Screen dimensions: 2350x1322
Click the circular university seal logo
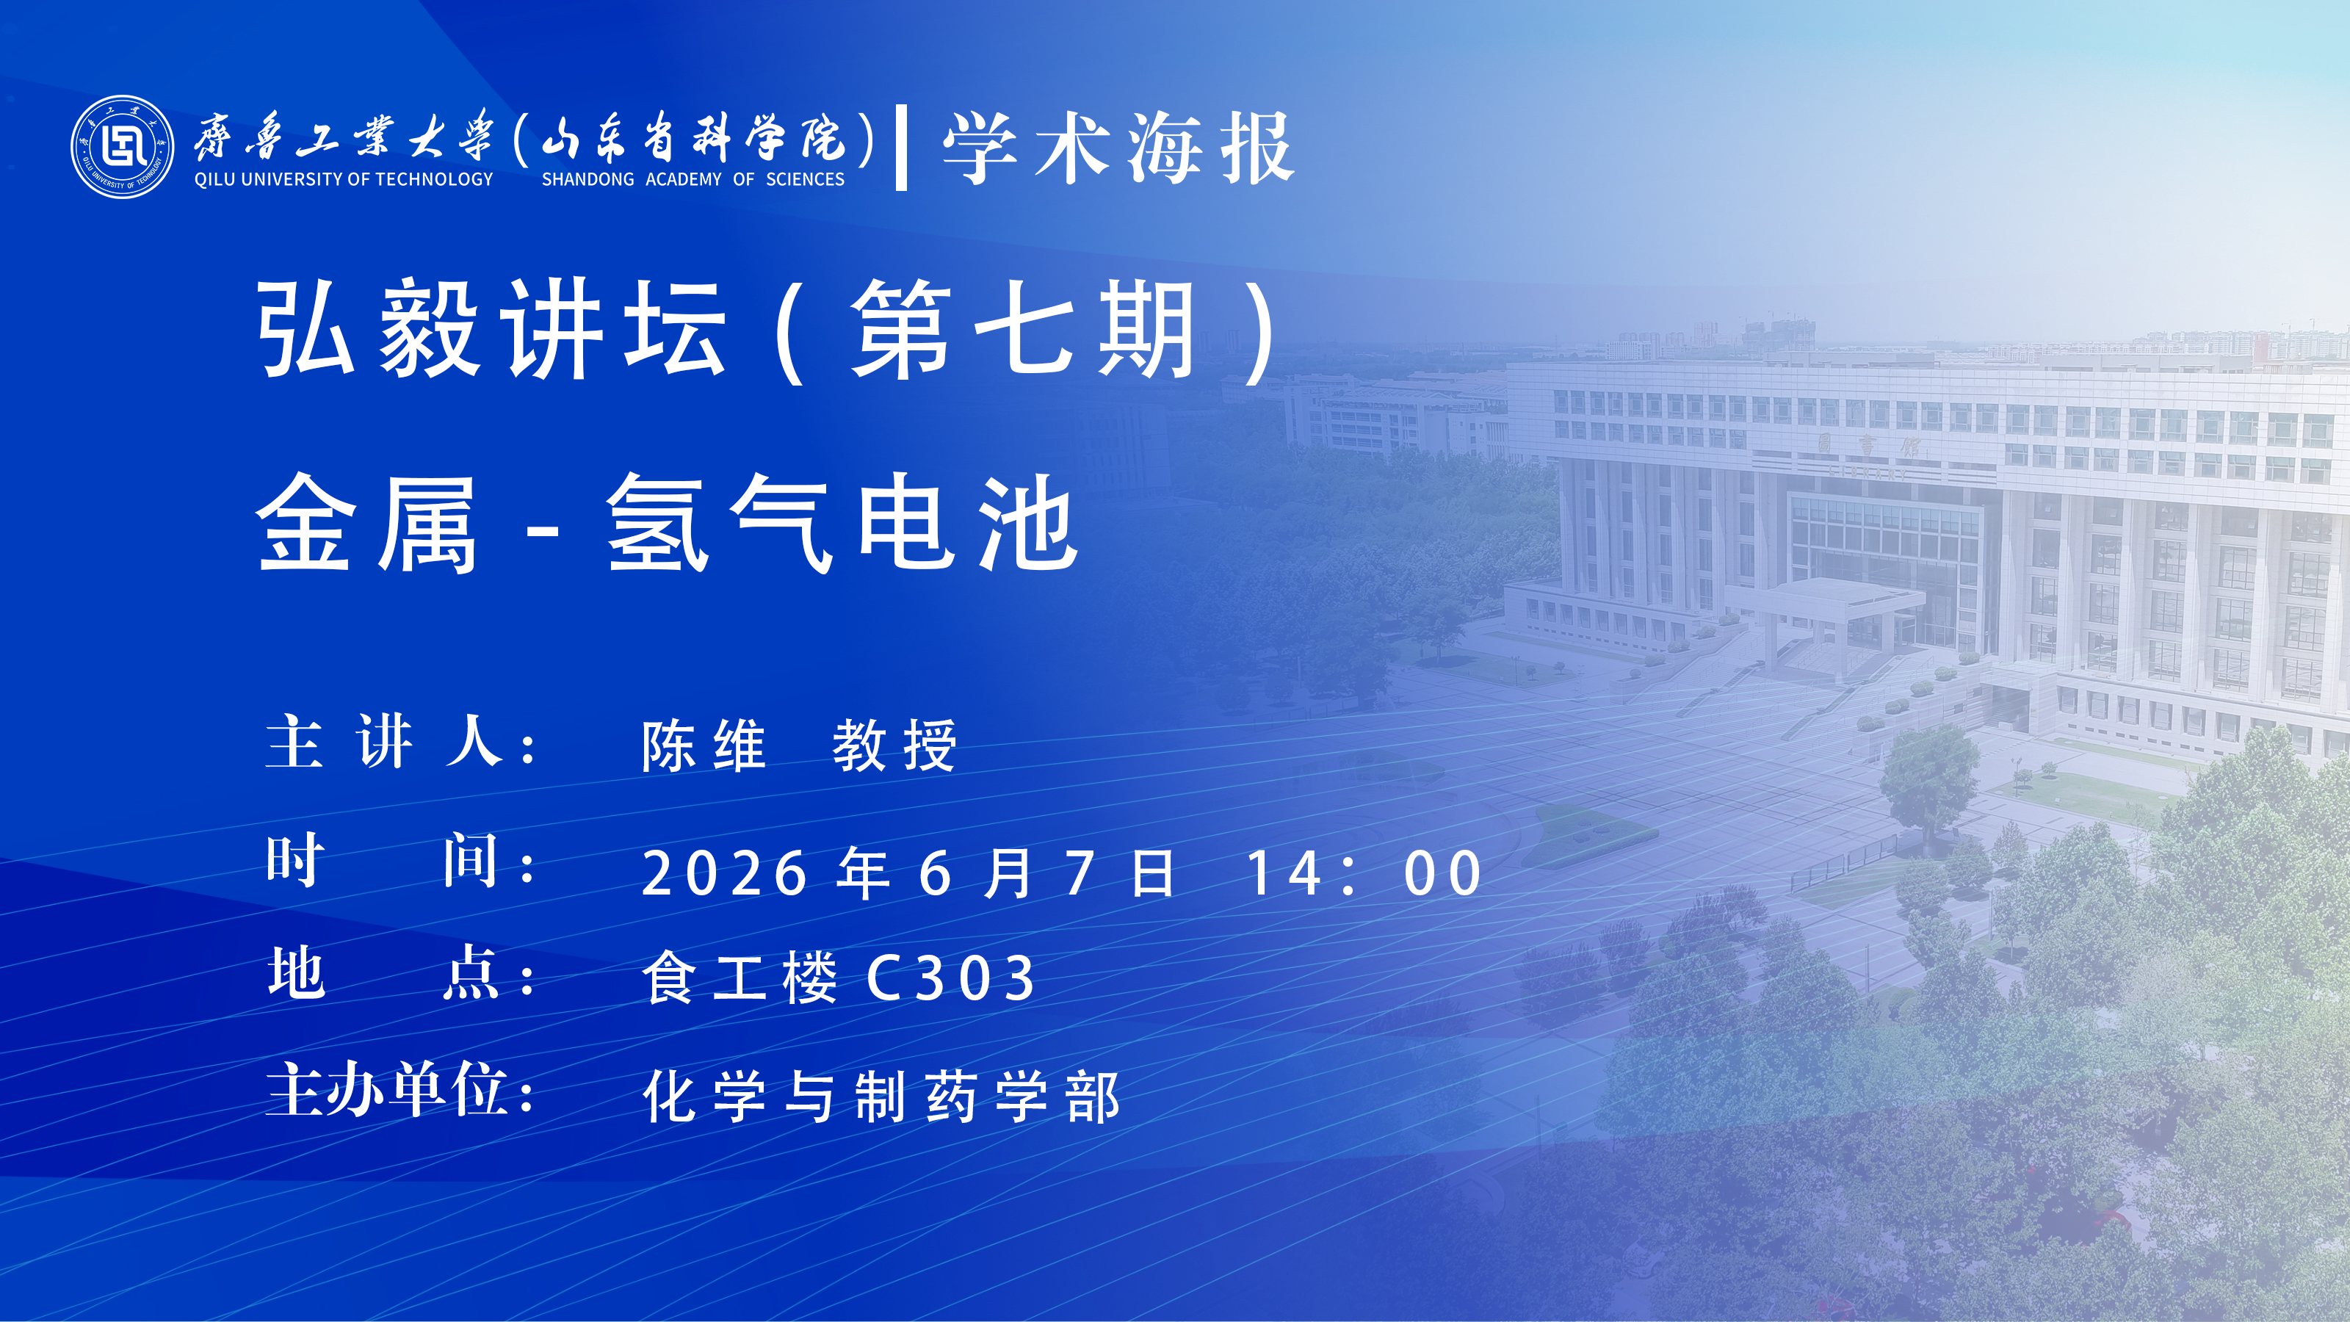122,147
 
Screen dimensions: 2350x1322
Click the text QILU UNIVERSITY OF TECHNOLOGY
344,180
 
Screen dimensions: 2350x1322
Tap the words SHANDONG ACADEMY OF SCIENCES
693,180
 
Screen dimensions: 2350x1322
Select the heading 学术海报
1119,148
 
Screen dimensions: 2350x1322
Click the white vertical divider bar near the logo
901,147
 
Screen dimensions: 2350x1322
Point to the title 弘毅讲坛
493,328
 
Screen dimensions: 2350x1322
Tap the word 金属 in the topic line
366,524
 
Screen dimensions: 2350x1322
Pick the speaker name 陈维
704,745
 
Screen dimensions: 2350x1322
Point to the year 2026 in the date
726,873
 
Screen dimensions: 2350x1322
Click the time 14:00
1364,873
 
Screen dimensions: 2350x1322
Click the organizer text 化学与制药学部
881,1096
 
